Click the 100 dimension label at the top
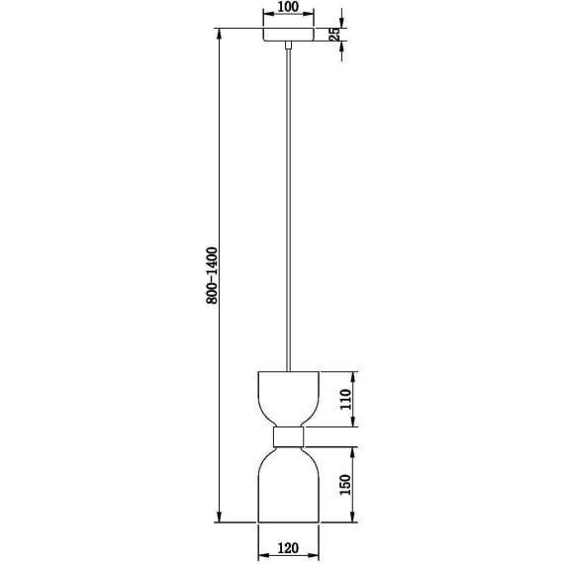click(289, 7)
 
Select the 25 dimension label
click(334, 35)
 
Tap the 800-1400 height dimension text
click(212, 275)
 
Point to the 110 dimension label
click(345, 399)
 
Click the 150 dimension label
click(345, 485)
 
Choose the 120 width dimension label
click(289, 548)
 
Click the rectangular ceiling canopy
click(289, 35)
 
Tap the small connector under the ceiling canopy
click(288, 45)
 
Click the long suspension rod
click(288, 210)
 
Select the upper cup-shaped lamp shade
click(289, 399)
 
